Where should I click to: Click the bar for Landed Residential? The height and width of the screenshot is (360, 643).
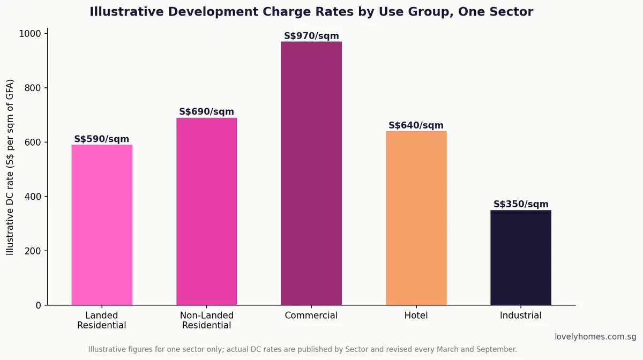pyautogui.click(x=102, y=225)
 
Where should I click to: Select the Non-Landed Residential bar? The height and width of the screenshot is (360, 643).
pyautogui.click(x=207, y=211)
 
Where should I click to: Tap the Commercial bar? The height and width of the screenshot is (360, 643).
pyautogui.click(x=311, y=174)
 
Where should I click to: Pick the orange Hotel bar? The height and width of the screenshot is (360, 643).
pyautogui.click(x=416, y=218)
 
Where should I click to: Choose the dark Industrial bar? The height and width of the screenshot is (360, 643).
pyautogui.click(x=521, y=258)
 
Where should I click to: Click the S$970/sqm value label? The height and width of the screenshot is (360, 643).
pyautogui.click(x=311, y=36)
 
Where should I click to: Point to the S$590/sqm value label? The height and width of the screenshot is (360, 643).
pyautogui.click(x=102, y=139)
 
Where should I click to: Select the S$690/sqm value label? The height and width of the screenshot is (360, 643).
pyautogui.click(x=207, y=111)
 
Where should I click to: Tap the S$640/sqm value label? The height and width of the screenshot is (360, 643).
pyautogui.click(x=416, y=125)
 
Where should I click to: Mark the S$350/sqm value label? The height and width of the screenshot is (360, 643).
pyautogui.click(x=521, y=204)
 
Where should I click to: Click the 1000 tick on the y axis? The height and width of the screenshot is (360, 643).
pyautogui.click(x=30, y=34)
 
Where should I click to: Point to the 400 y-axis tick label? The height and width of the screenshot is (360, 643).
pyautogui.click(x=33, y=197)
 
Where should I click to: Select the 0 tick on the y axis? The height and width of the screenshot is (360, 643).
pyautogui.click(x=39, y=305)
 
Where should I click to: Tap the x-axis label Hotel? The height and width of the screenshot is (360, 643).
pyautogui.click(x=416, y=316)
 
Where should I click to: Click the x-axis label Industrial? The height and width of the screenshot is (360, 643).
pyautogui.click(x=521, y=316)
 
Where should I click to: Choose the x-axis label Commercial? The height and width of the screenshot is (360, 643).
pyautogui.click(x=311, y=316)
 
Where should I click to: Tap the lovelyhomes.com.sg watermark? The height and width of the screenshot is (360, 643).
pyautogui.click(x=595, y=337)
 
